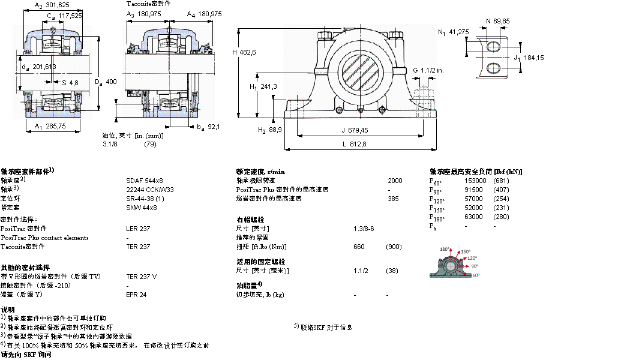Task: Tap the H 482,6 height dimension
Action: coord(244,52)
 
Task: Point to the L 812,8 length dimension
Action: coord(355,144)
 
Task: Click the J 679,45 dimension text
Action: coord(355,130)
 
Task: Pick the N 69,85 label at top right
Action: coord(497,21)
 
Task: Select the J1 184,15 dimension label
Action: coord(527,58)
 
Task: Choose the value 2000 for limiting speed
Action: coord(395,181)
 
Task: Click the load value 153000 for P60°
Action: coord(476,181)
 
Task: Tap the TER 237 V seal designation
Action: coord(142,277)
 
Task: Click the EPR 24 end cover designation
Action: coord(136,295)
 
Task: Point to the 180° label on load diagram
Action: coord(445,249)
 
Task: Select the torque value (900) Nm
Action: coord(394,247)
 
